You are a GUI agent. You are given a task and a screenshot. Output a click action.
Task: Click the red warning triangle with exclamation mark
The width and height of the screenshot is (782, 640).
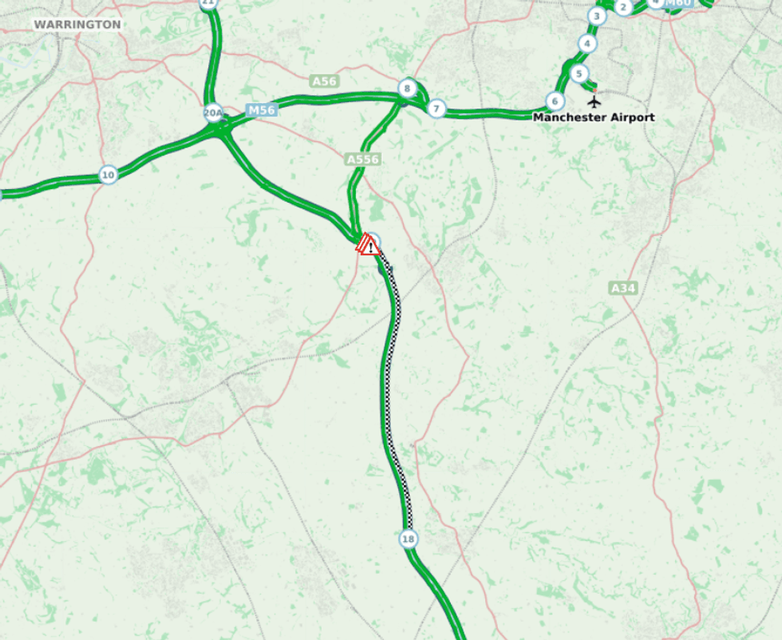tap(369, 245)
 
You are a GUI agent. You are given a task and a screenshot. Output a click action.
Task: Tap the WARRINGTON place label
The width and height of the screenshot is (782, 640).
tap(77, 25)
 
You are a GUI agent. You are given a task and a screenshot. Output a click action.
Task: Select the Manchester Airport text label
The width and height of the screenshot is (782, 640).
tap(594, 117)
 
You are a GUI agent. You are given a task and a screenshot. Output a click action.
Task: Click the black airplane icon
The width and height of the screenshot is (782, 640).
tap(594, 101)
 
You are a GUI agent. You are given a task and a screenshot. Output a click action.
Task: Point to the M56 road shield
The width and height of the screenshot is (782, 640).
tap(261, 111)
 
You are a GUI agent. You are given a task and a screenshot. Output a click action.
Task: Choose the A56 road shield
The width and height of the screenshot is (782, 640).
tap(325, 81)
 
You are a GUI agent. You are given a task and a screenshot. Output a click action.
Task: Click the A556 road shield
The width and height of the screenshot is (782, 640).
tap(362, 160)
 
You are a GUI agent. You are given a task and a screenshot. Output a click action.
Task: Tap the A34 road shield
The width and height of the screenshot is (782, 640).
tap(623, 287)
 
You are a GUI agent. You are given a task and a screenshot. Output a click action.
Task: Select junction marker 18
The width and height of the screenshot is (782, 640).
tap(409, 539)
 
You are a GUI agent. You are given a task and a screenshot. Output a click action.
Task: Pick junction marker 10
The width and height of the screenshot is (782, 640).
tap(108, 175)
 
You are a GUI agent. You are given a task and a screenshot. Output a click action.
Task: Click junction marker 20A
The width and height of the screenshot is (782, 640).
tap(213, 113)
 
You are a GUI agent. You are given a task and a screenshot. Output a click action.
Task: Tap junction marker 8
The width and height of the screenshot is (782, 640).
tap(407, 89)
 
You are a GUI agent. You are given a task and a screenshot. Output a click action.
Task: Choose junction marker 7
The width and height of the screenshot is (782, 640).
tap(436, 109)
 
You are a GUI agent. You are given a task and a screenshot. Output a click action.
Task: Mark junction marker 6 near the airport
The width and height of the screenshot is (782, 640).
tap(555, 101)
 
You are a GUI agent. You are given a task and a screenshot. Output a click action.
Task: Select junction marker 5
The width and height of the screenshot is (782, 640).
tap(579, 73)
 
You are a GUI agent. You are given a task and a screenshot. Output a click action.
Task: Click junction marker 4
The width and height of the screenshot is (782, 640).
tap(587, 44)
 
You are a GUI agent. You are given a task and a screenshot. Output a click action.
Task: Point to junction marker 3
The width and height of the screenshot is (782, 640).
tap(596, 16)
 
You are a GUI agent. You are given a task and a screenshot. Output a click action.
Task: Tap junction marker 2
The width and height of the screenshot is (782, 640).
tap(623, 8)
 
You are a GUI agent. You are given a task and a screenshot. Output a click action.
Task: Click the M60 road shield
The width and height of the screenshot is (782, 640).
tap(678, 3)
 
